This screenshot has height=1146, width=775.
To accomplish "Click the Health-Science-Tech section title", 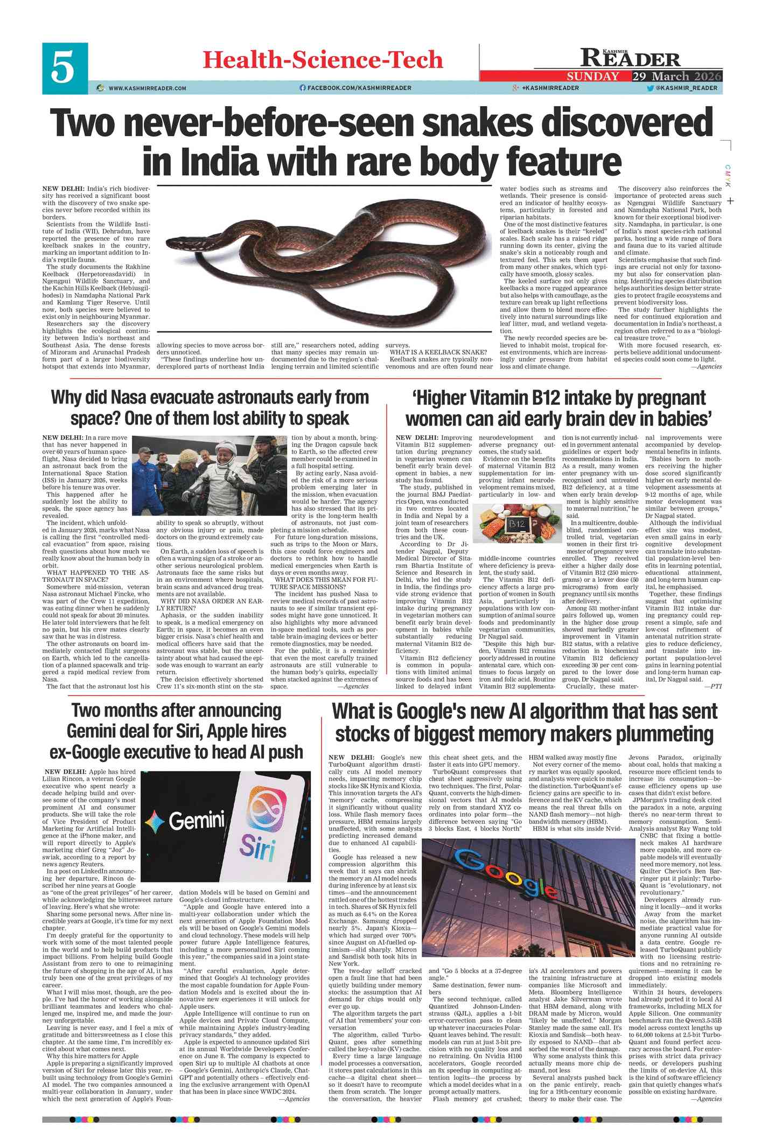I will [x=323, y=60].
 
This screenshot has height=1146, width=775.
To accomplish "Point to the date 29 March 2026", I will [x=676, y=77].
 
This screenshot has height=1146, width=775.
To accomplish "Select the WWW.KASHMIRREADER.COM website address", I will [x=147, y=88].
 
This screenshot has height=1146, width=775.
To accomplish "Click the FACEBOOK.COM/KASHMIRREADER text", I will [x=359, y=88].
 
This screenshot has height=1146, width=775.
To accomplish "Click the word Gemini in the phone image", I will [x=197, y=821].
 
